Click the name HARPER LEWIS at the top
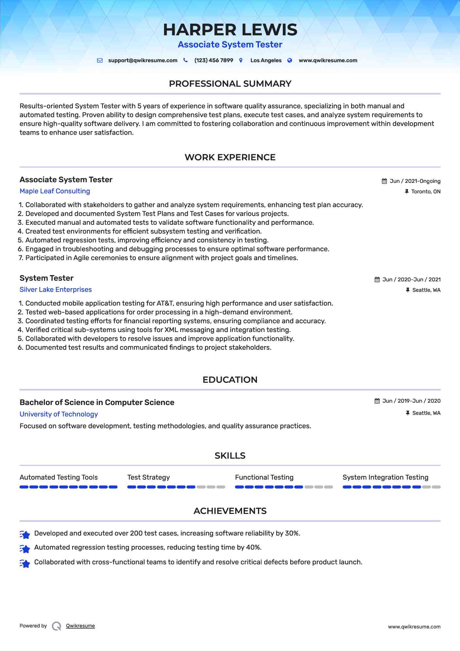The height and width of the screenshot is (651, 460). point(230,30)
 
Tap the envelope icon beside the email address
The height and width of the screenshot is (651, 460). point(100,61)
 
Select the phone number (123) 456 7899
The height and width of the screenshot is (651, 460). point(213,61)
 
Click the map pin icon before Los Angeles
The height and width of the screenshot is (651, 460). point(241,61)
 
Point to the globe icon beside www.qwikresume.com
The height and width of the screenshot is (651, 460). point(290,61)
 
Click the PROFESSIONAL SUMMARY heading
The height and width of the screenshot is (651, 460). point(230,84)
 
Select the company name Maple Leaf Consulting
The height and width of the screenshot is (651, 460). point(55,191)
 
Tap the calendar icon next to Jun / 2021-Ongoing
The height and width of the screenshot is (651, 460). point(384,181)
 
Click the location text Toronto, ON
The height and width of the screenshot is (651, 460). point(426,192)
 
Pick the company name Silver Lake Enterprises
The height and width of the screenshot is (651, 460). point(56,290)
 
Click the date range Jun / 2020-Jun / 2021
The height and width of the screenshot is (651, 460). point(411,280)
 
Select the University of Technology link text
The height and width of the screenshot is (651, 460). point(59,414)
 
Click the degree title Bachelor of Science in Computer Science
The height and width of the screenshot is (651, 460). point(97,402)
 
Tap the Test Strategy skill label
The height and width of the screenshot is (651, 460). point(148,477)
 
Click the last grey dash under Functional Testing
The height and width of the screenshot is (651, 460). point(329,487)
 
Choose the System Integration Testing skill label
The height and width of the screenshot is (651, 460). point(385,477)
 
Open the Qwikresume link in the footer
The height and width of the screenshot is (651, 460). point(80,626)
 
